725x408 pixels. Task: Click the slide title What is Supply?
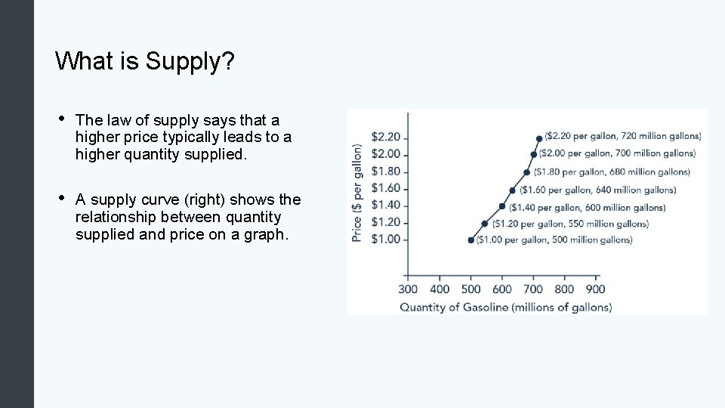point(145,61)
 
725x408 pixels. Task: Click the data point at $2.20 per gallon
point(538,138)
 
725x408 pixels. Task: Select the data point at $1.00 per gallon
point(471,240)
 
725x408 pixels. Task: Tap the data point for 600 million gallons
point(502,206)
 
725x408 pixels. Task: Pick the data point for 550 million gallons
point(485,224)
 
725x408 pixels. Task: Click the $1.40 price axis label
point(385,206)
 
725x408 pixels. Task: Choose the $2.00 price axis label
point(385,155)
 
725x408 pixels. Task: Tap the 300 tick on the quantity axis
point(408,289)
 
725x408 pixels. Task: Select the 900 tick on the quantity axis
point(595,289)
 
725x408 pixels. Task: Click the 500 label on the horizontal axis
point(470,289)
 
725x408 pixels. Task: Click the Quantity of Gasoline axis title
point(505,307)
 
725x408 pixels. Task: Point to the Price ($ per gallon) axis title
point(357,193)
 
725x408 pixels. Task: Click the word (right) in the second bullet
point(202,199)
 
